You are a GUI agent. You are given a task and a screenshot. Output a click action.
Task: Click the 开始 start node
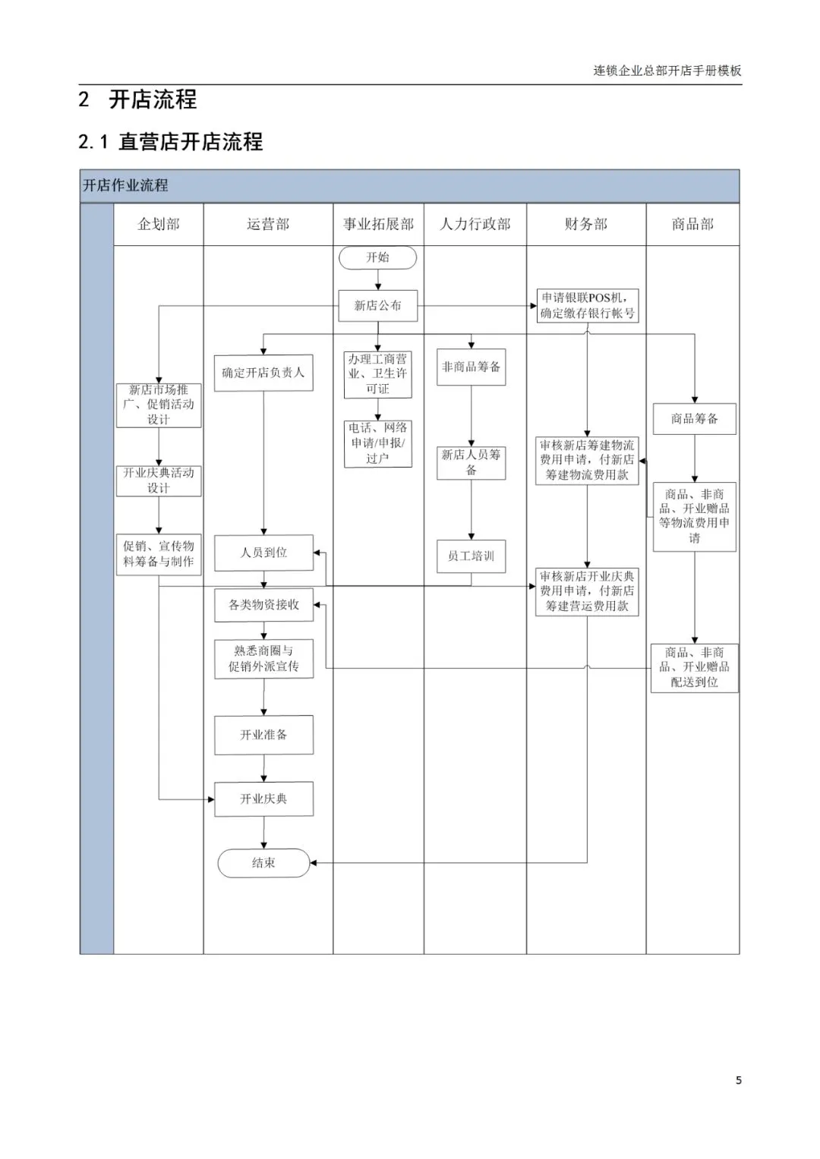coord(377,258)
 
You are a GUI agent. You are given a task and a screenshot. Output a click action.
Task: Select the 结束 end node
coord(263,863)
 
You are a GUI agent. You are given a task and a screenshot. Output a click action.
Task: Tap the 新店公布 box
coord(377,306)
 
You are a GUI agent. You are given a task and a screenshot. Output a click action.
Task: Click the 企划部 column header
coord(159,224)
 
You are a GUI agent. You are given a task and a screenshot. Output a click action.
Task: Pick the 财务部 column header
coord(586,224)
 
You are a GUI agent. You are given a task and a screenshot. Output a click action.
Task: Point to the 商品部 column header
coord(692,224)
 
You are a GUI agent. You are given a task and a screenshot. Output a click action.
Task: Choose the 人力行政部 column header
coord(475,224)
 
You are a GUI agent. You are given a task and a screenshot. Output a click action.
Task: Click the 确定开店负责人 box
coord(263,373)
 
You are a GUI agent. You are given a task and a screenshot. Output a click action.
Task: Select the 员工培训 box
coord(471,556)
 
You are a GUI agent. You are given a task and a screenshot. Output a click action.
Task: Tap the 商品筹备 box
coord(694,419)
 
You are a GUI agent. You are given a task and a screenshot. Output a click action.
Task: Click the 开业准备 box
coord(263,735)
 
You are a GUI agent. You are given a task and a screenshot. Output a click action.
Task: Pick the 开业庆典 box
coord(263,799)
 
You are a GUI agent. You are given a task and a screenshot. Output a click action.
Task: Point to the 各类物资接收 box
coord(263,605)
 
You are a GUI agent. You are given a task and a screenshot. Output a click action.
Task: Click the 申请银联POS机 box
coord(587,306)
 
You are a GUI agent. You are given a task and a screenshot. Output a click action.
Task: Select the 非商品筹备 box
coord(471,367)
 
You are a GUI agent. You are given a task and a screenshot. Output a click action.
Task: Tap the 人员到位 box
coord(263,553)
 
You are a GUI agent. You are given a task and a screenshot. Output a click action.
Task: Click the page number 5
coord(738,1080)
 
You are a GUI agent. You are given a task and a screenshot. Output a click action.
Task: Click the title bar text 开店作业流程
coord(125,185)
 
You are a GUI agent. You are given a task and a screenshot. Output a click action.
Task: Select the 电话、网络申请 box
coord(377,443)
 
